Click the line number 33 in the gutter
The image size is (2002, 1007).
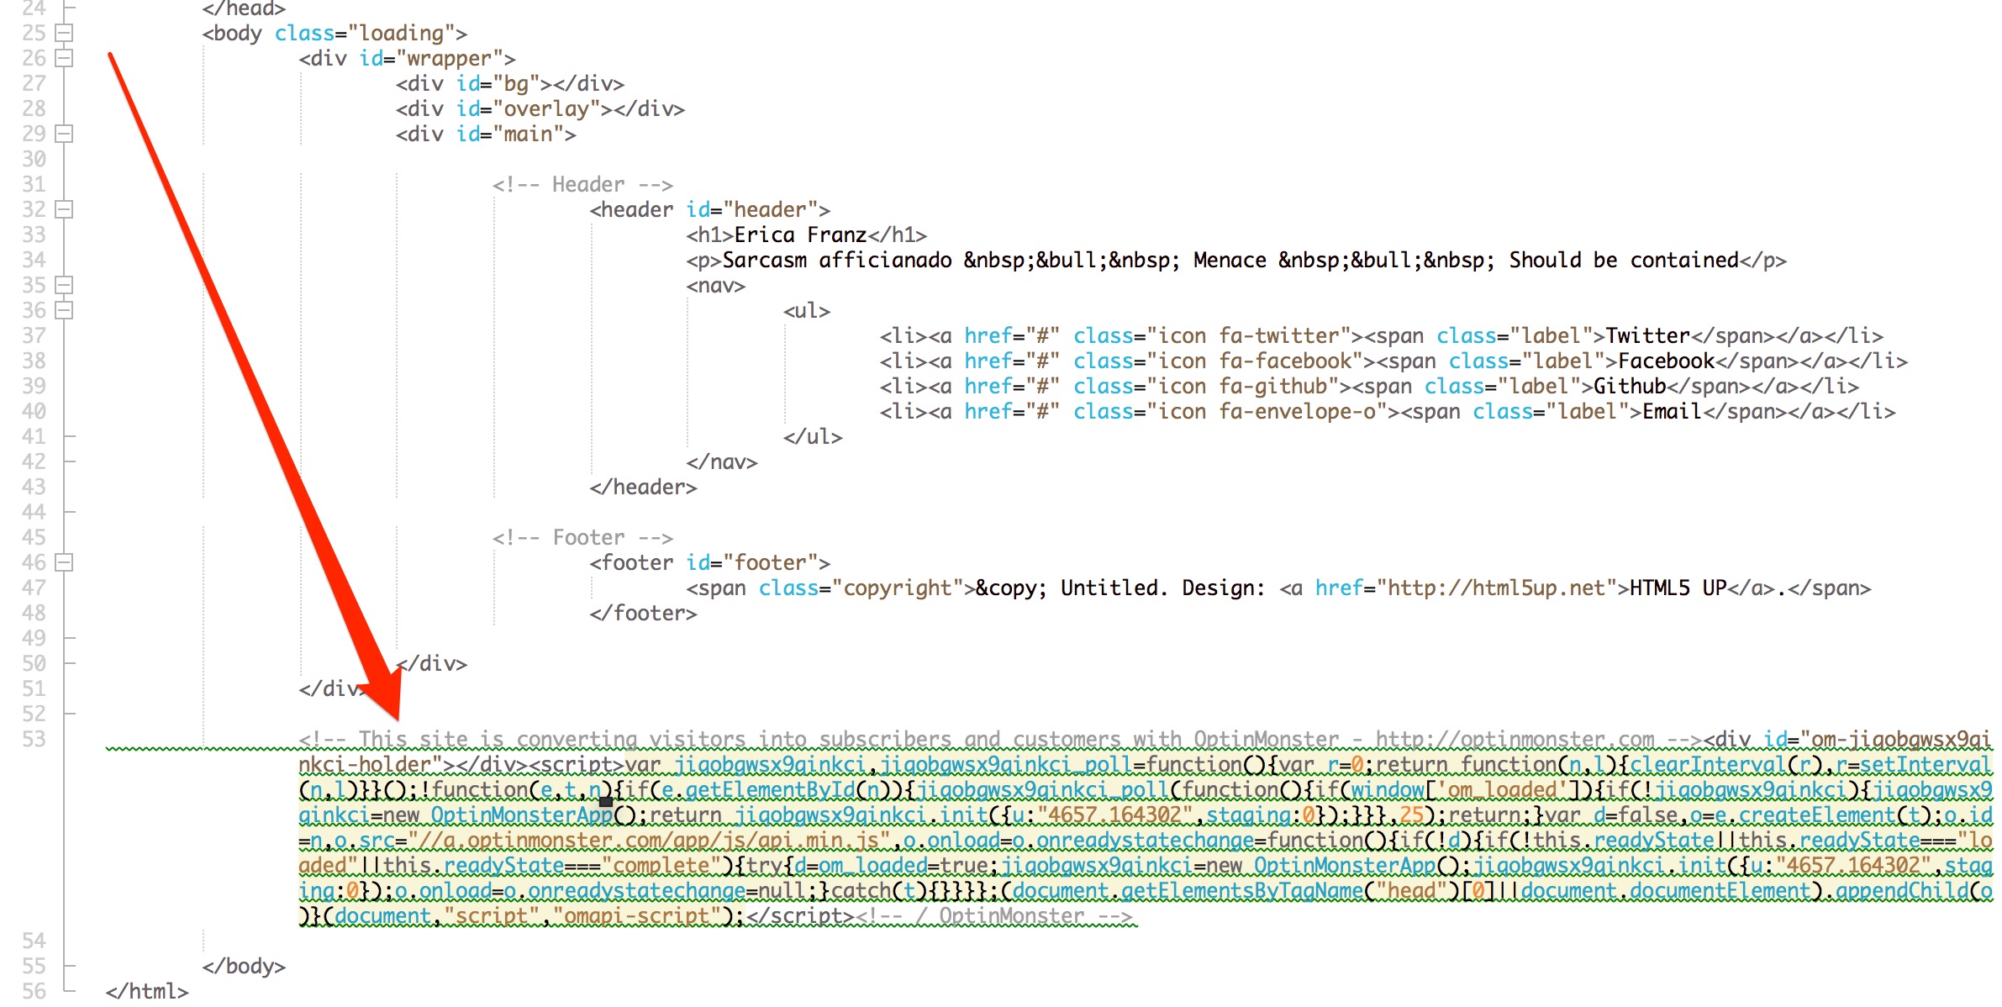click(x=34, y=235)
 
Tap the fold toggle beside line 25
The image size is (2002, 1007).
click(x=64, y=33)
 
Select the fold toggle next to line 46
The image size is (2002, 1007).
click(x=64, y=562)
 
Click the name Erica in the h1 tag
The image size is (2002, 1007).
click(x=764, y=235)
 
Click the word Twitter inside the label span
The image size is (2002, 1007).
click(x=1647, y=335)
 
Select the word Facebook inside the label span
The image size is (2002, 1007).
click(x=1666, y=361)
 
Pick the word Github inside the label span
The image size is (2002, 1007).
click(x=1630, y=386)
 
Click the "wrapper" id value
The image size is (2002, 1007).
click(x=450, y=58)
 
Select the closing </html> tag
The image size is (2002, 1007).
click(x=147, y=991)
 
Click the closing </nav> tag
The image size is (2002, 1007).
click(x=722, y=461)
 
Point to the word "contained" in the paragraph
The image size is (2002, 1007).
click(x=1684, y=260)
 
